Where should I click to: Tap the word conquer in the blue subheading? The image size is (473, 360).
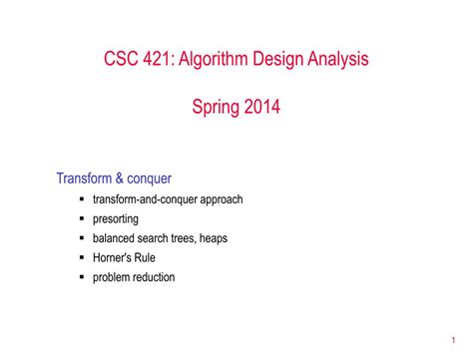(149, 179)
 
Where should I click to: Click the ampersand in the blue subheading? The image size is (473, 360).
(119, 179)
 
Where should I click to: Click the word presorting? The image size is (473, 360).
(116, 218)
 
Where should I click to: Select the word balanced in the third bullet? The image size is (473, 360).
(116, 237)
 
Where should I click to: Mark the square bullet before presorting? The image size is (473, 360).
(81, 218)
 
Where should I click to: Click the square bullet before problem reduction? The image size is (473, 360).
(81, 277)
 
